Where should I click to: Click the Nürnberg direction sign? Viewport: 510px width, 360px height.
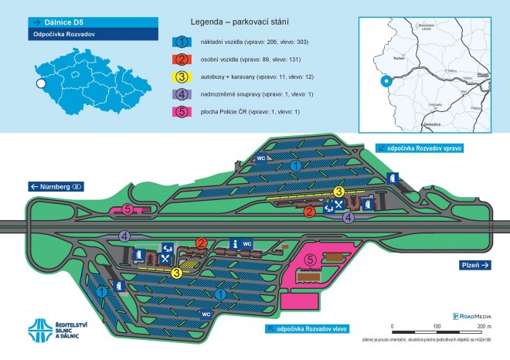56,187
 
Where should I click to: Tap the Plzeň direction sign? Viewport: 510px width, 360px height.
473,265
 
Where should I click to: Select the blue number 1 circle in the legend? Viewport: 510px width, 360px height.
182,41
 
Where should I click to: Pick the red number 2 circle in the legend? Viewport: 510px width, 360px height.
182,59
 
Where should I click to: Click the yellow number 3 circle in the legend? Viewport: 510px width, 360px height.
182,78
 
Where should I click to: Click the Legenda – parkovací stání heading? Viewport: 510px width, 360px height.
240,23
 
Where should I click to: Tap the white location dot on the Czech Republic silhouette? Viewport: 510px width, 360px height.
40,83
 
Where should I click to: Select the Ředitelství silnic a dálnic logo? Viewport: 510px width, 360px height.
58,329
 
